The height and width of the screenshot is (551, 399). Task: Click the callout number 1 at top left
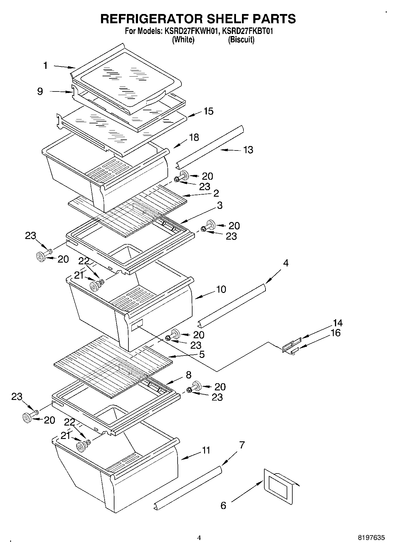click(45, 65)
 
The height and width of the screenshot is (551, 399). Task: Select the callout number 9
click(40, 91)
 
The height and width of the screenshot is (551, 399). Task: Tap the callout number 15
click(208, 111)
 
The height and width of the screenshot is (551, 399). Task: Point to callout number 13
click(248, 150)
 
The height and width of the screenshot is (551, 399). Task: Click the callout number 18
click(194, 137)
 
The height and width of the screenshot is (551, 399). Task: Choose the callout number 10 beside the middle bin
click(221, 289)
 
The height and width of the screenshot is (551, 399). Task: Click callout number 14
click(338, 323)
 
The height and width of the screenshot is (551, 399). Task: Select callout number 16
click(336, 333)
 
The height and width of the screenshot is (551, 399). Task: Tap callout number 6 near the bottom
click(223, 505)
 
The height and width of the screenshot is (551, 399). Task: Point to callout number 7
click(242, 445)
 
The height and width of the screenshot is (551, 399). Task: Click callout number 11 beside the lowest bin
click(206, 450)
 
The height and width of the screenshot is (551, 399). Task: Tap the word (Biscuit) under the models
click(241, 40)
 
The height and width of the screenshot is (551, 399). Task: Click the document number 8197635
click(371, 538)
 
